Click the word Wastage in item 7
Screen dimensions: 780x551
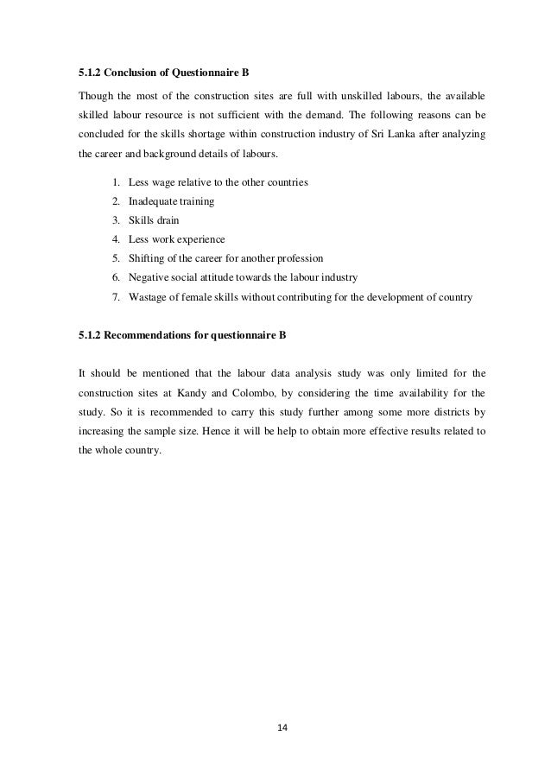point(149,296)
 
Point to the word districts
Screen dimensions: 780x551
point(446,415)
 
